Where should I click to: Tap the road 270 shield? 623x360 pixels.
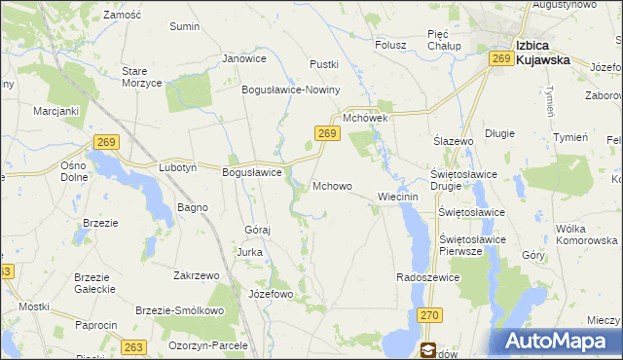click(430, 315)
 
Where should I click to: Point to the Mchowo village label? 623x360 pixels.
click(332, 185)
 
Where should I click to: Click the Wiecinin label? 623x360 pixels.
click(397, 196)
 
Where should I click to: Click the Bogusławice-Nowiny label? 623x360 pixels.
click(290, 90)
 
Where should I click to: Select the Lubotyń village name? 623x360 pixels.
click(178, 167)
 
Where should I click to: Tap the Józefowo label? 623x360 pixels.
click(271, 293)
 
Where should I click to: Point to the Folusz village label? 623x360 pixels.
click(390, 44)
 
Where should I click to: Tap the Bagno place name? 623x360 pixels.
click(192, 207)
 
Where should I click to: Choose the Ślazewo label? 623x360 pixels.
click(453, 141)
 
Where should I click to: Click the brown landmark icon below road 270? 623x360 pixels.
click(427, 349)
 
